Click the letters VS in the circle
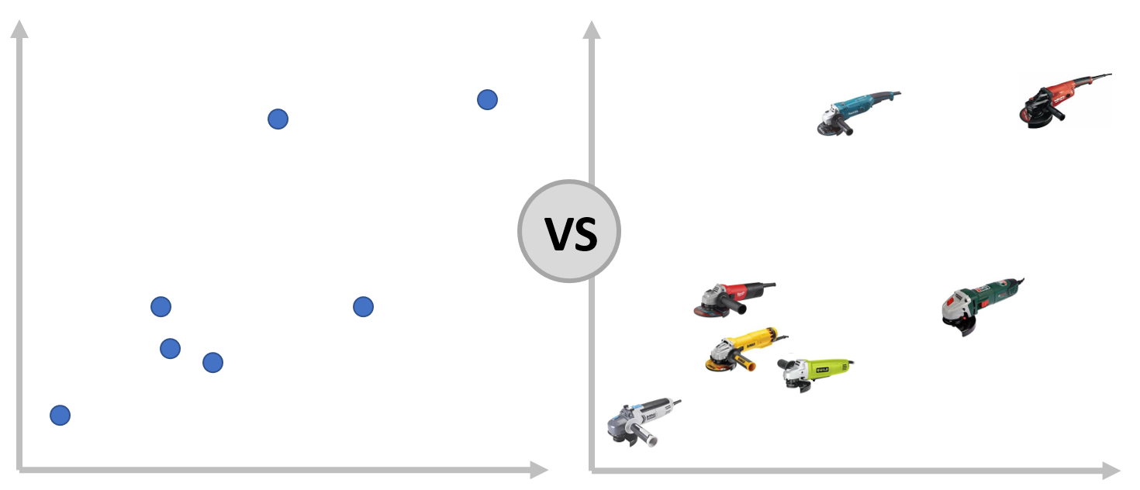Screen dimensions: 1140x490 tap(570, 233)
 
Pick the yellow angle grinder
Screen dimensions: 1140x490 tap(741, 349)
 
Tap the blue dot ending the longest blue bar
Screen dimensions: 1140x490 tap(60, 416)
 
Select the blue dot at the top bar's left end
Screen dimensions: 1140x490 tap(277, 119)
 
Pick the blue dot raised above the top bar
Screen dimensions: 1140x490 tap(487, 99)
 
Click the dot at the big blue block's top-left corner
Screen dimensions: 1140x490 tap(161, 306)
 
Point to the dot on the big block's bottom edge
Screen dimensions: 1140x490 tap(212, 363)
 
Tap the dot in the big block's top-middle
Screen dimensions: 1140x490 tap(363, 307)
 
